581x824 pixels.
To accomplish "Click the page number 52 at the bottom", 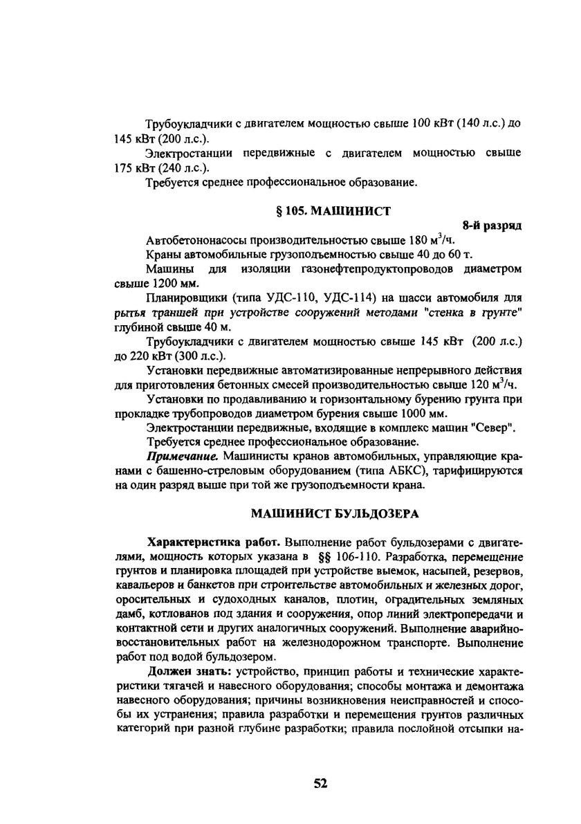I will pyautogui.click(x=320, y=783).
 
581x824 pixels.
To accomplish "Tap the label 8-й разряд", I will pyautogui.click(x=492, y=226).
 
